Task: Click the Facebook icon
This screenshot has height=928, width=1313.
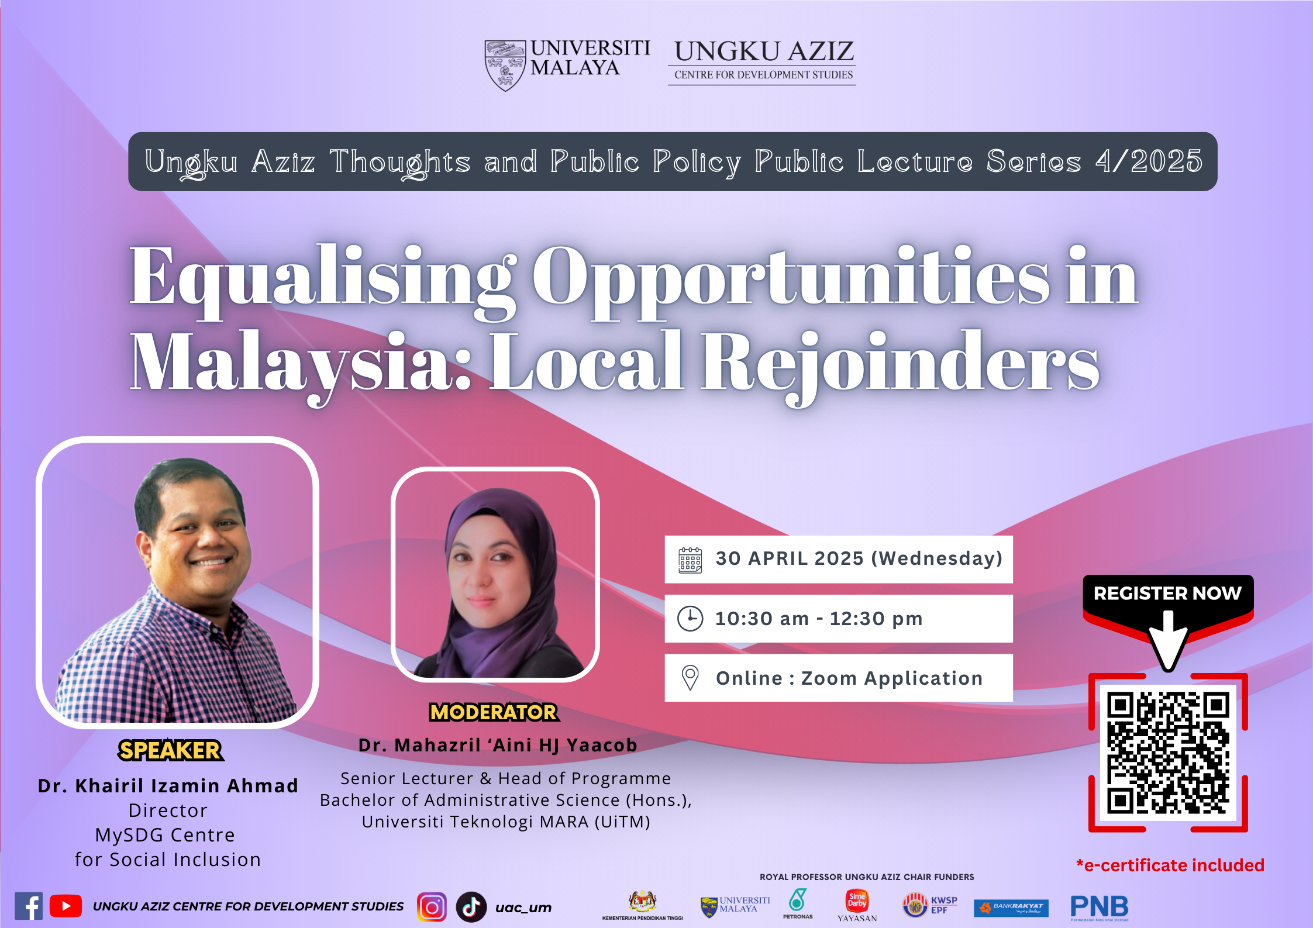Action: (x=28, y=906)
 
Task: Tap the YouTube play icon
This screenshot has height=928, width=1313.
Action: (x=66, y=906)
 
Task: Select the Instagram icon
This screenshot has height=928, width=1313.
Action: (x=432, y=907)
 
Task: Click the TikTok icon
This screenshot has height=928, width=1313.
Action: (x=471, y=907)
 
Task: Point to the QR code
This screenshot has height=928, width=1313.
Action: (x=1168, y=753)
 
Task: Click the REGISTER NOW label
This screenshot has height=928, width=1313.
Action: (x=1167, y=593)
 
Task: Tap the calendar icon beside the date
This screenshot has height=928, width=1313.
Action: (x=690, y=560)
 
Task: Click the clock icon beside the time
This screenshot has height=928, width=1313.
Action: (x=690, y=619)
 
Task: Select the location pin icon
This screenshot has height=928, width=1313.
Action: (x=690, y=678)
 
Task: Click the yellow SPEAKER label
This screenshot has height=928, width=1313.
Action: (x=170, y=750)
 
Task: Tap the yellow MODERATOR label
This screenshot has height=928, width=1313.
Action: (x=494, y=712)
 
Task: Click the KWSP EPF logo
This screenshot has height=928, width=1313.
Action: (x=931, y=905)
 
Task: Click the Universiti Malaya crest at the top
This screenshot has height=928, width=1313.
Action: (x=505, y=65)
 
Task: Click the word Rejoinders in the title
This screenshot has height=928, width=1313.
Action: (x=900, y=363)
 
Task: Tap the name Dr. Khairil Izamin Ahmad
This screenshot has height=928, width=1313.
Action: (x=168, y=785)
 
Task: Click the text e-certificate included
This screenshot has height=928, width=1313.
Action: (x=1170, y=865)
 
